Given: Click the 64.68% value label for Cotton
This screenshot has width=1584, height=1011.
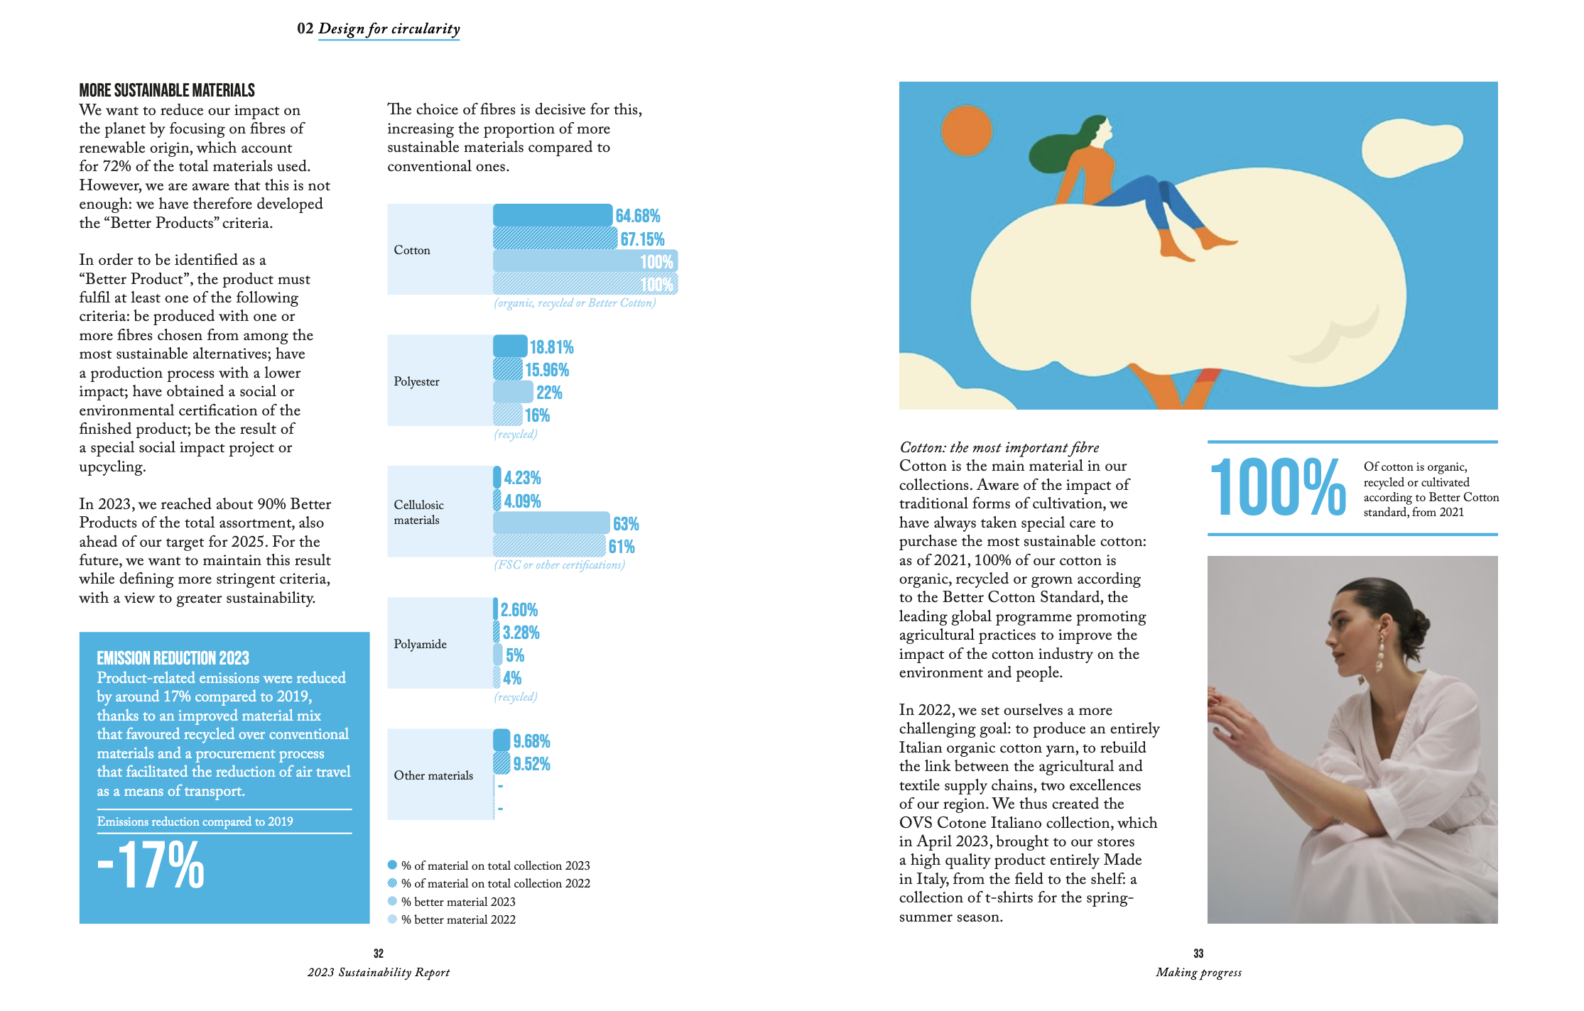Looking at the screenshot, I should pyautogui.click(x=637, y=216).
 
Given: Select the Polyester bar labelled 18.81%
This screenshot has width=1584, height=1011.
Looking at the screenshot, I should pyautogui.click(x=510, y=346).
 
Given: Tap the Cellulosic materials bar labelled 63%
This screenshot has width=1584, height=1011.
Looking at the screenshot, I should pyautogui.click(x=550, y=524).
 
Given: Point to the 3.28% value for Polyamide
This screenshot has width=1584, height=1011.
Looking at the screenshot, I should pyautogui.click(x=521, y=633).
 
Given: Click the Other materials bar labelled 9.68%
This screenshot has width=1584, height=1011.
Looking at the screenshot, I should pyautogui.click(x=501, y=741).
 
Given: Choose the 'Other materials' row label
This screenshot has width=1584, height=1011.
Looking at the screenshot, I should pyautogui.click(x=433, y=775).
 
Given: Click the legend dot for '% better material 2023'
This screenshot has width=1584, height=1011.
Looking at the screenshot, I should pyautogui.click(x=392, y=902).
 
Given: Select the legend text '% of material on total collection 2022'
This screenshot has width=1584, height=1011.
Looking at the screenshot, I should pyautogui.click(x=495, y=883).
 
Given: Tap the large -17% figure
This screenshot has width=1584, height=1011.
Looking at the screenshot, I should pyautogui.click(x=151, y=865).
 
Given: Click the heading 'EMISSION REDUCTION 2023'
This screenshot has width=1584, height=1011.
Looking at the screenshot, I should pyautogui.click(x=173, y=658).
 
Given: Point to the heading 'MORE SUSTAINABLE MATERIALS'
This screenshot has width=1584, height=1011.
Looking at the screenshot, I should pyautogui.click(x=167, y=90).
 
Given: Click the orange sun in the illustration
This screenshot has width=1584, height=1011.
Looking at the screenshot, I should pyautogui.click(x=966, y=131).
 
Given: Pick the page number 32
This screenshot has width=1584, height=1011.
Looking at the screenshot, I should pyautogui.click(x=379, y=953).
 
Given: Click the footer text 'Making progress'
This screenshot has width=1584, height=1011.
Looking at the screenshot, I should pyautogui.click(x=1198, y=973).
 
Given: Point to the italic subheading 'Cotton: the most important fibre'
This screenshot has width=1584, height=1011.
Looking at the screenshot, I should pyautogui.click(x=999, y=447).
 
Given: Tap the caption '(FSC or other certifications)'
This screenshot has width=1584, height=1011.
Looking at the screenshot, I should pyautogui.click(x=559, y=565).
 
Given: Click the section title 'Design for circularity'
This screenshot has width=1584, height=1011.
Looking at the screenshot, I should pyautogui.click(x=389, y=28).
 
